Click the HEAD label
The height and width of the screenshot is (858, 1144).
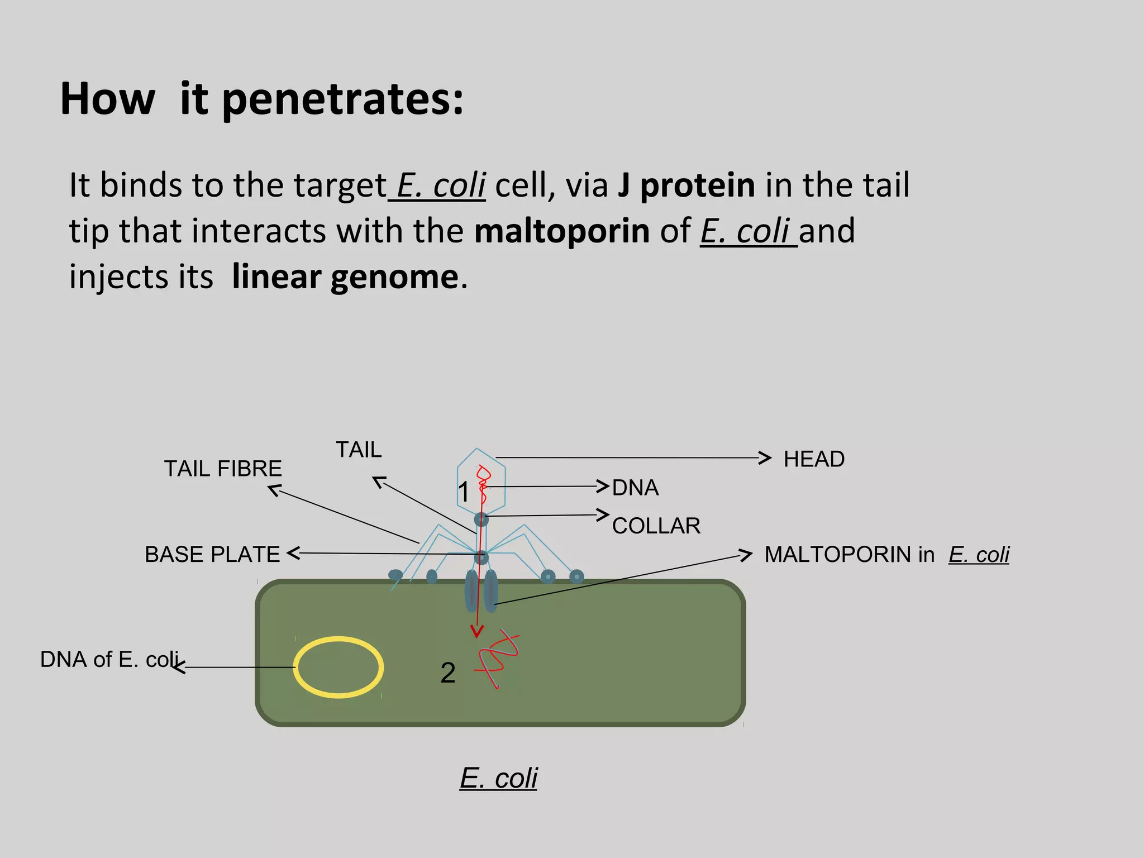tap(813, 459)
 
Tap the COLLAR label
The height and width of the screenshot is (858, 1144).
tap(656, 526)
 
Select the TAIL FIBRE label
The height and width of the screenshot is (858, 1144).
tap(223, 469)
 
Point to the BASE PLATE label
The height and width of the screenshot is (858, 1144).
tap(212, 555)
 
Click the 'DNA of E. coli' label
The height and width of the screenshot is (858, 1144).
tap(109, 660)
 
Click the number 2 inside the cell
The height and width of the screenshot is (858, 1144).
tap(447, 673)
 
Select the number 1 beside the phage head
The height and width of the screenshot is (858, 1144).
tap(464, 492)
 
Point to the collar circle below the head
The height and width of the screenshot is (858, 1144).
tap(482, 520)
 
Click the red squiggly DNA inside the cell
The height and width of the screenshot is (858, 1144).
tap(497, 659)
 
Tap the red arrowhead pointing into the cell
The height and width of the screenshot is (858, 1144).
tap(476, 631)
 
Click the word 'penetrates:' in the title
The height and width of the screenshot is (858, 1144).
tap(343, 99)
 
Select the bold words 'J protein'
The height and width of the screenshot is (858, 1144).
tap(686, 185)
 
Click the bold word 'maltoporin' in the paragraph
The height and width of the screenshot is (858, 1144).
tap(561, 231)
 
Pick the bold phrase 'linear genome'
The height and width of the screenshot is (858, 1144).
tap(345, 277)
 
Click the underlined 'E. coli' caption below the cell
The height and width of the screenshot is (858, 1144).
tap(498, 778)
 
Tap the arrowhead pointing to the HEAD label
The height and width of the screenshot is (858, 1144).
tap(765, 458)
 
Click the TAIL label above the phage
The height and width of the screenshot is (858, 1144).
tap(359, 450)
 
